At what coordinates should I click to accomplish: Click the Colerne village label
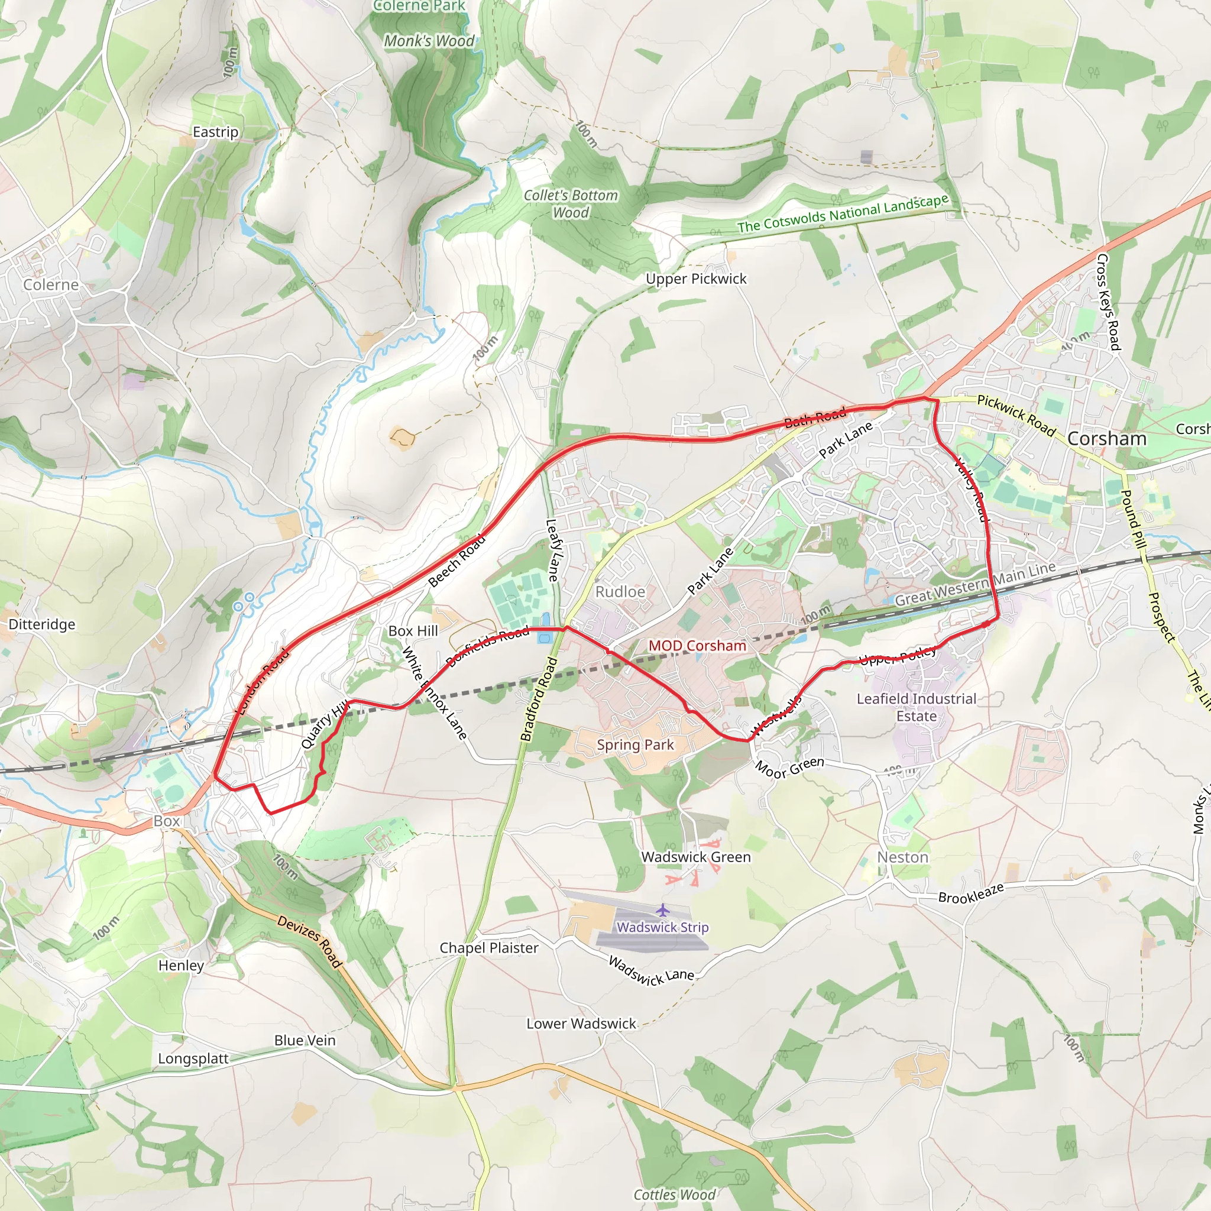pyautogui.click(x=51, y=284)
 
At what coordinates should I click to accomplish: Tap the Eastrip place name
pyautogui.click(x=215, y=132)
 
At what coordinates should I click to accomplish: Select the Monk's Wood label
pyautogui.click(x=429, y=41)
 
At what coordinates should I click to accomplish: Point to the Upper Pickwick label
pyautogui.click(x=696, y=279)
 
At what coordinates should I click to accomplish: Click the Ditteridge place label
pyautogui.click(x=41, y=624)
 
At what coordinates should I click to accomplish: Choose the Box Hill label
pyautogui.click(x=413, y=630)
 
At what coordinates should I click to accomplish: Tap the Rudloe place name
pyautogui.click(x=620, y=592)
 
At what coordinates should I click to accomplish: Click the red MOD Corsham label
pyautogui.click(x=697, y=646)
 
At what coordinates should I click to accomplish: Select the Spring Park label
pyautogui.click(x=635, y=744)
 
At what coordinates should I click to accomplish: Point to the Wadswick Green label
pyautogui.click(x=696, y=857)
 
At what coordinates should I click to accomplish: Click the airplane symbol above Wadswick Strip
pyautogui.click(x=662, y=909)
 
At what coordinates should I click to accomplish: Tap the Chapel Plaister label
pyautogui.click(x=488, y=948)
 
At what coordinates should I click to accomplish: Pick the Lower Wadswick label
pyautogui.click(x=581, y=1024)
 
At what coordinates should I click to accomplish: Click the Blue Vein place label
pyautogui.click(x=305, y=1041)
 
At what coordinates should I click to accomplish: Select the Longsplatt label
pyautogui.click(x=193, y=1058)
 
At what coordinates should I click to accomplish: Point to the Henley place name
pyautogui.click(x=181, y=965)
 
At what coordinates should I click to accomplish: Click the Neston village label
pyautogui.click(x=902, y=857)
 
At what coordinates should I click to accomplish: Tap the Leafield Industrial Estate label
pyautogui.click(x=917, y=707)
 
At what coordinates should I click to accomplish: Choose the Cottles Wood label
pyautogui.click(x=675, y=1194)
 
